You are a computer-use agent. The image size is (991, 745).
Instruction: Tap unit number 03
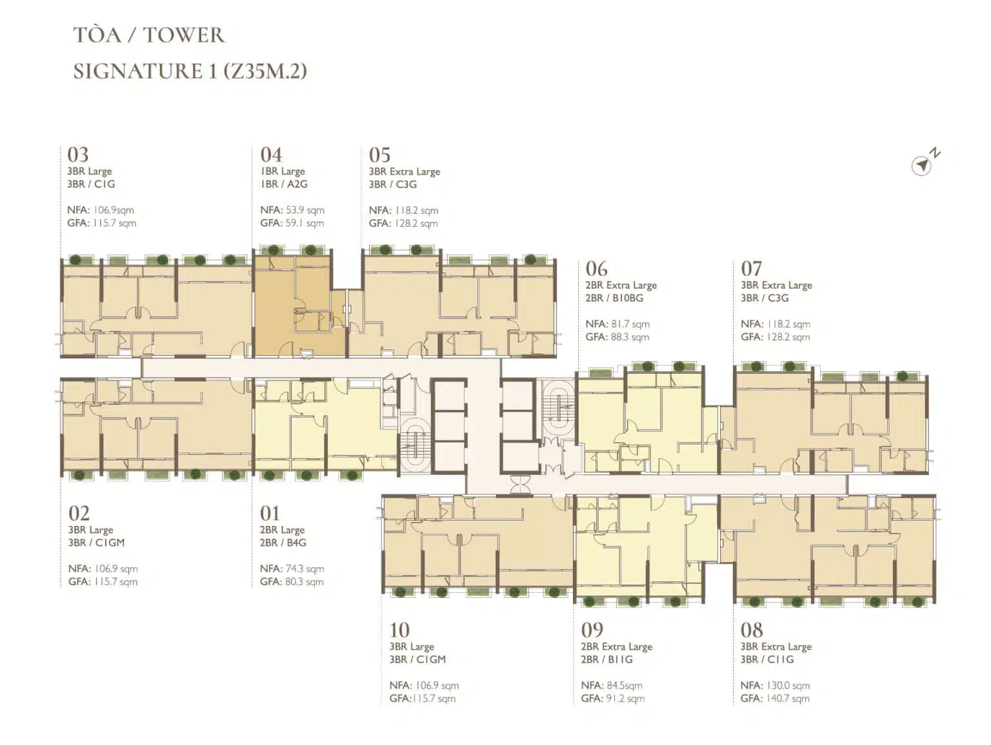(x=77, y=155)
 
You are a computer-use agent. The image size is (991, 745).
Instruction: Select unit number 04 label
(x=271, y=155)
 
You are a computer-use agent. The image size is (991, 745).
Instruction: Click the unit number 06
(x=596, y=269)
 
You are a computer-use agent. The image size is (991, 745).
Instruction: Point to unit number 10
(x=399, y=630)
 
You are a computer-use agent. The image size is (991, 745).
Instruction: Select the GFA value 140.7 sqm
(x=788, y=698)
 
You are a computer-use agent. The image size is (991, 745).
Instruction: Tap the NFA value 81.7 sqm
(x=631, y=324)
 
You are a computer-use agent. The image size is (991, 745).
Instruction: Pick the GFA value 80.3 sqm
(x=305, y=582)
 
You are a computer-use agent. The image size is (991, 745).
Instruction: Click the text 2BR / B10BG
(x=614, y=298)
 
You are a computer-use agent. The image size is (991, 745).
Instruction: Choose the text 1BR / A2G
(x=284, y=184)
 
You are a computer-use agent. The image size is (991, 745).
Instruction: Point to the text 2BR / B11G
(x=606, y=659)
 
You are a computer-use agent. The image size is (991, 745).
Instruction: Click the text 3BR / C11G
(x=767, y=659)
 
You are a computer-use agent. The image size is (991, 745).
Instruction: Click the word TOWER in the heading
(x=183, y=35)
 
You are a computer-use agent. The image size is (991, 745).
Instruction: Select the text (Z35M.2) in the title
(x=265, y=72)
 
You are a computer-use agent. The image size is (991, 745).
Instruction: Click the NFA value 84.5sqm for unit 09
(x=625, y=686)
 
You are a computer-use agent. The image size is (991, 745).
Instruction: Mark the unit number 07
(x=751, y=269)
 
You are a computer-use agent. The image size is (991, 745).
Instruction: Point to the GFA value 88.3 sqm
(x=630, y=337)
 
